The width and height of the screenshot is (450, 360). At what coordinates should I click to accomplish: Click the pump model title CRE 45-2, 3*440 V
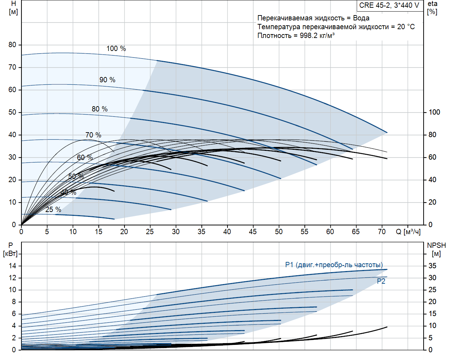(x=389, y=5)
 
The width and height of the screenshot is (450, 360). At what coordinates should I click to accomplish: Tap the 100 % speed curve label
(x=116, y=49)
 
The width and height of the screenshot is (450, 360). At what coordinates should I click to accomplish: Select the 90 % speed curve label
(x=107, y=80)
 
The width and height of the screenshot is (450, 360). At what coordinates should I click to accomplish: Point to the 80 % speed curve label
(x=99, y=109)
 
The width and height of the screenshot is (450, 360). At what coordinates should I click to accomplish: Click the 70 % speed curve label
(x=93, y=135)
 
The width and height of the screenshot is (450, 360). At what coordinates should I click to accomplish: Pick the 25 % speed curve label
(x=53, y=210)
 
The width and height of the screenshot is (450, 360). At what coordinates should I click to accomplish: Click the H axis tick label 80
(x=12, y=45)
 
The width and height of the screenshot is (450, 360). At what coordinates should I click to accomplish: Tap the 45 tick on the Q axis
(x=253, y=232)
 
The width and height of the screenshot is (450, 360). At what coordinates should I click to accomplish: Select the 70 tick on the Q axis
(x=382, y=232)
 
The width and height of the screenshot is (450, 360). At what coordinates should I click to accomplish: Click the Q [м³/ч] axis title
(x=408, y=232)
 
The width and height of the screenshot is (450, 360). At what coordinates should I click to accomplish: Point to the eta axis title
(x=432, y=4)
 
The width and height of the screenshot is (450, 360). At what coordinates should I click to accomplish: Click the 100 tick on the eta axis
(x=434, y=112)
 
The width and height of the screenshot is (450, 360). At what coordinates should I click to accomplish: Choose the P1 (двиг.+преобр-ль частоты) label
(x=334, y=265)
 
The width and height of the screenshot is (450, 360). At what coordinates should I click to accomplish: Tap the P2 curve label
(x=381, y=281)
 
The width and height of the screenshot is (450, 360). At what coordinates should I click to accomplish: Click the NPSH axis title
(x=436, y=245)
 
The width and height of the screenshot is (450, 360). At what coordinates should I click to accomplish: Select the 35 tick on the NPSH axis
(x=432, y=266)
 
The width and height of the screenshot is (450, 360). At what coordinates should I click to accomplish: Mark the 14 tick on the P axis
(x=12, y=266)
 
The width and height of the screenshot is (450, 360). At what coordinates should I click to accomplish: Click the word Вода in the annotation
(x=361, y=18)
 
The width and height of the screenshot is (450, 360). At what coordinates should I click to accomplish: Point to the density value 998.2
(x=308, y=36)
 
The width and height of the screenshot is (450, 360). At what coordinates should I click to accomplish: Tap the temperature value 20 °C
(x=406, y=27)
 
